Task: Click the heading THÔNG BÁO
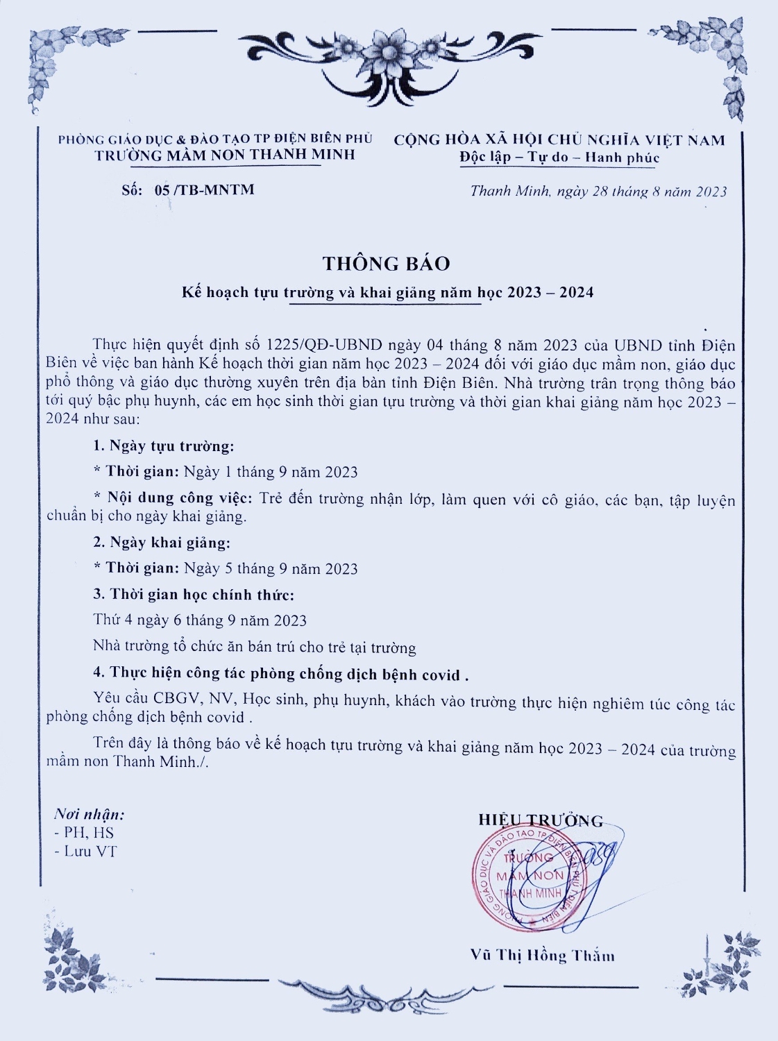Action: [386, 264]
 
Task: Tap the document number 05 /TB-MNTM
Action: [204, 189]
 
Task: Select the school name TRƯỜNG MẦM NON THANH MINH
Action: [225, 155]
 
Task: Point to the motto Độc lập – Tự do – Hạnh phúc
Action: [559, 158]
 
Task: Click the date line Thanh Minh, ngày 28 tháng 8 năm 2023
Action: [598, 192]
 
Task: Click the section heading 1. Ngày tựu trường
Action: [164, 446]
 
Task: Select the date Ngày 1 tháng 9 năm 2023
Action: [271, 473]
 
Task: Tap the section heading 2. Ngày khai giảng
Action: [162, 542]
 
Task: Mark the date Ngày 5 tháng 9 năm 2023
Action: [271, 569]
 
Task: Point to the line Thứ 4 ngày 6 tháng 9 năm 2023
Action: [200, 620]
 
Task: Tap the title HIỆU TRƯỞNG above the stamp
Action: [541, 820]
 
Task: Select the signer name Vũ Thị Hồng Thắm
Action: [542, 956]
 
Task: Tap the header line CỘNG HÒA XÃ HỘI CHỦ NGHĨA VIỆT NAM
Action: [559, 140]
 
